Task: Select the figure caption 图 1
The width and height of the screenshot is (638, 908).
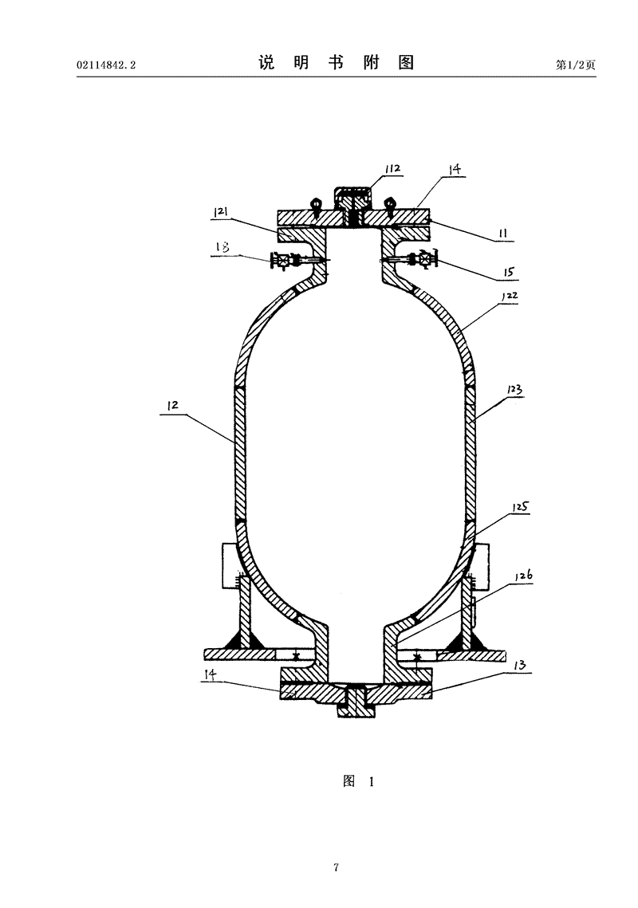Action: tap(358, 781)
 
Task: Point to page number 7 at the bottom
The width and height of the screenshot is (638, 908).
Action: tap(337, 867)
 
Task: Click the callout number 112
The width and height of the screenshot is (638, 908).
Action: tap(392, 169)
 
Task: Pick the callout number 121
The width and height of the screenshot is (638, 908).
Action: tap(221, 211)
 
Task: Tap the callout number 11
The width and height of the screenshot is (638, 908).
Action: tap(504, 234)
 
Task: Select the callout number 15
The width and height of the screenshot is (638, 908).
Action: tap(507, 272)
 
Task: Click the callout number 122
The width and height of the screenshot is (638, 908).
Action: tap(508, 295)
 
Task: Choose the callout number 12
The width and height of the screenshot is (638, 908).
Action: tap(174, 405)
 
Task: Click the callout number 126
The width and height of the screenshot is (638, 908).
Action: tap(522, 575)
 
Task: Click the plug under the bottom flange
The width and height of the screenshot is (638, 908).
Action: tap(354, 707)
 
